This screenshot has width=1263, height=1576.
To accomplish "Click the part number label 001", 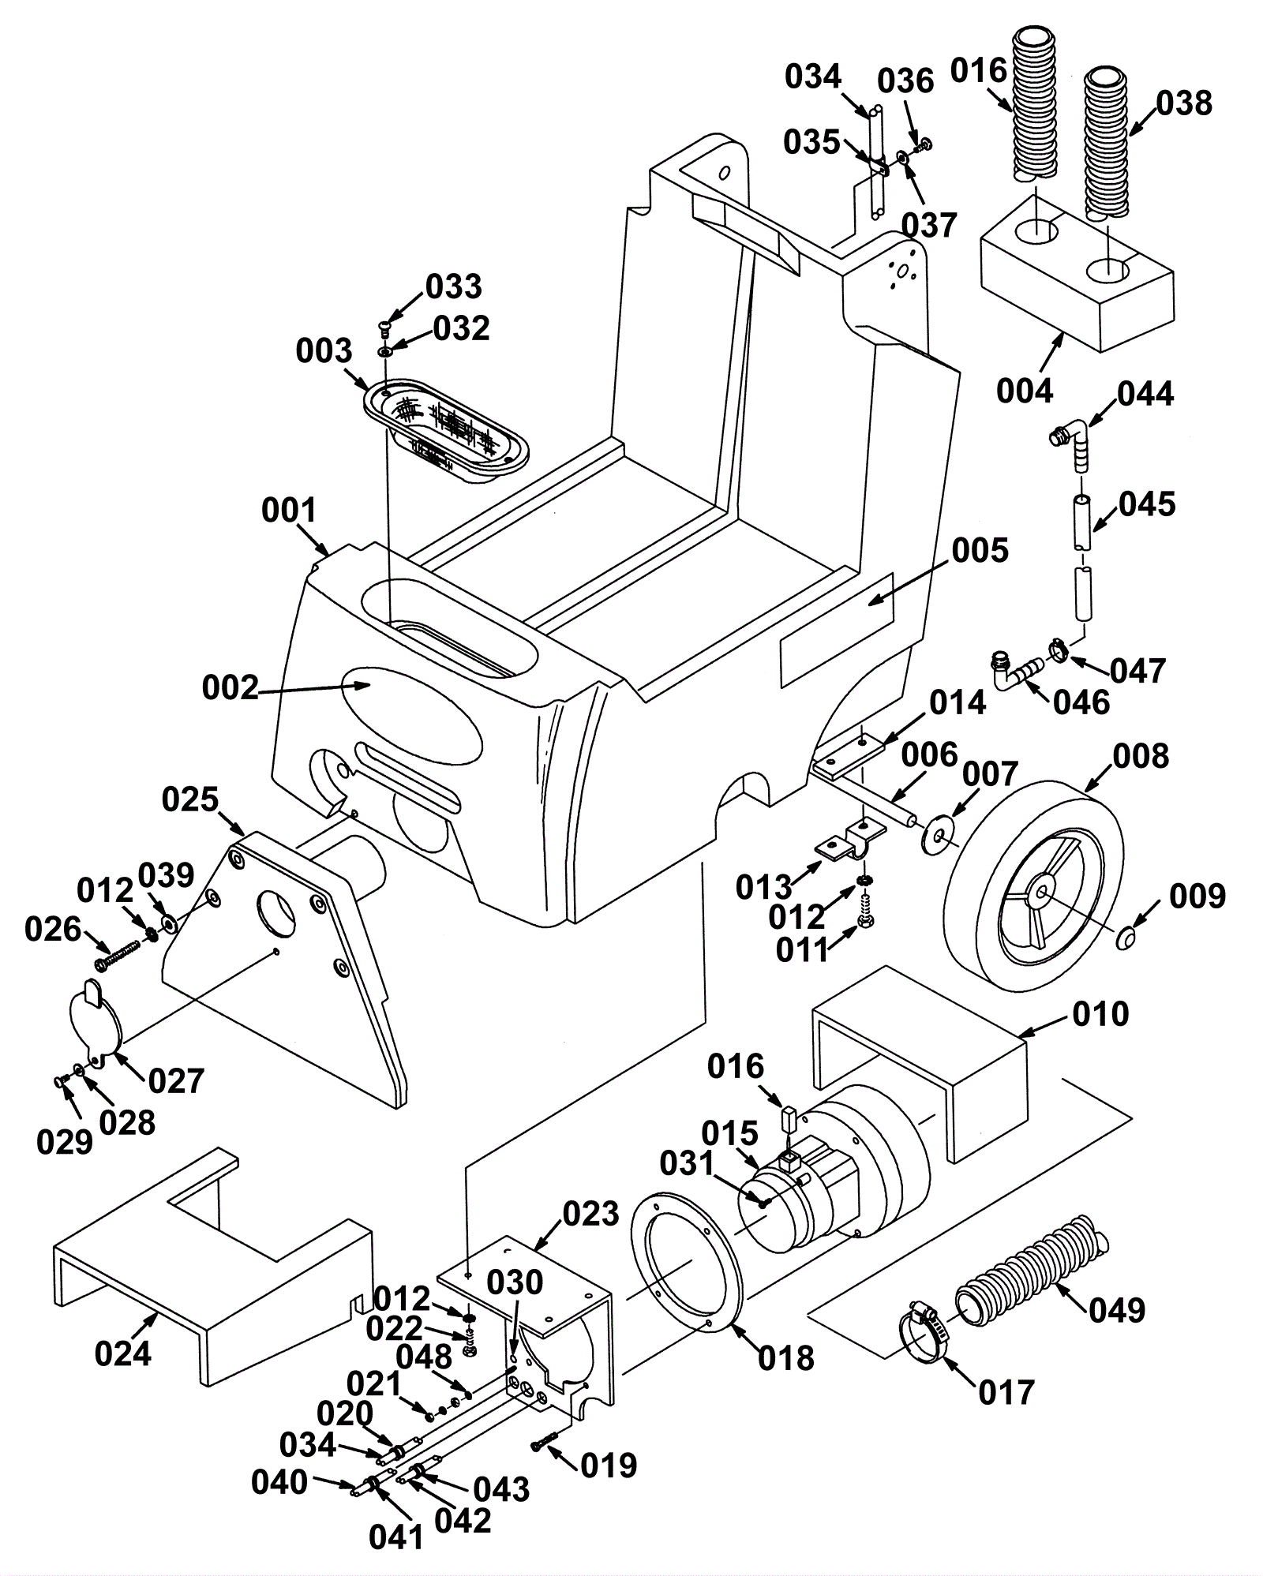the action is coord(288,511).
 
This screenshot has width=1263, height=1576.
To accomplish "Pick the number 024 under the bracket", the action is coord(122,1353).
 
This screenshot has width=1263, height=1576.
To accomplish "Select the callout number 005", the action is coord(980,551).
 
